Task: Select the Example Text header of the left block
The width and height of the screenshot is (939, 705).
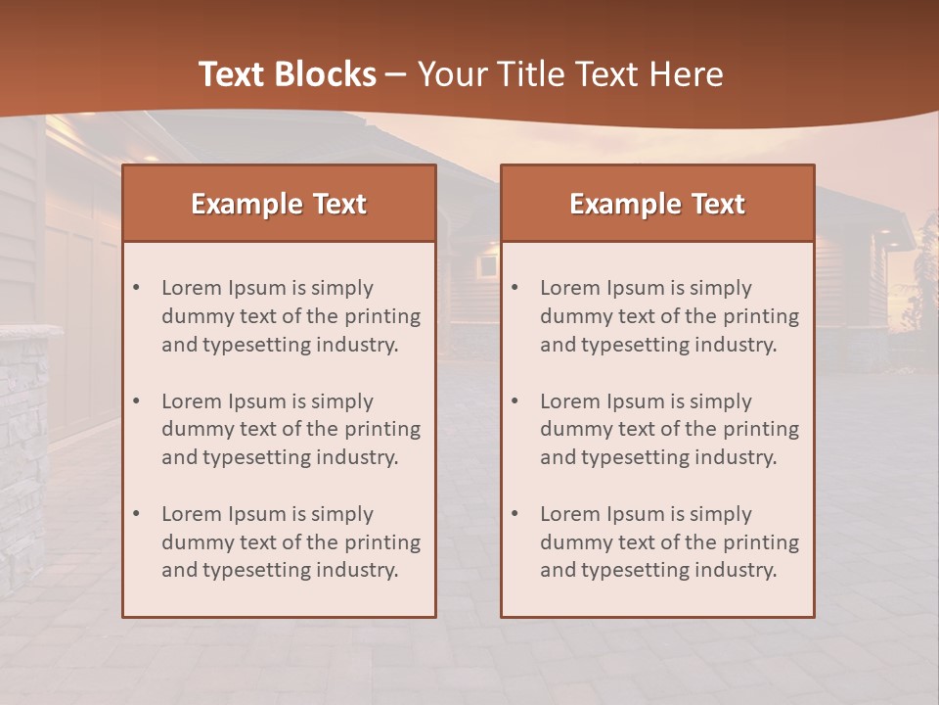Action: coord(279,204)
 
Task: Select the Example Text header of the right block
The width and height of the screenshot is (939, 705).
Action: coord(657,204)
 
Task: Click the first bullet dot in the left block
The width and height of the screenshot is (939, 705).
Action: coord(137,288)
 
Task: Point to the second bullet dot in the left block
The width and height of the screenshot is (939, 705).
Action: coord(137,401)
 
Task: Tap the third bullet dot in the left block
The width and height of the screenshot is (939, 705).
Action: coord(137,514)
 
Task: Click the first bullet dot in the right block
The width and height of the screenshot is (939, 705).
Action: coord(515,288)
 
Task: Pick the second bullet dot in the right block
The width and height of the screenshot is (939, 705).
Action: coord(515,401)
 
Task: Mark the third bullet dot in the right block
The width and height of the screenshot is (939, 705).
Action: coord(515,514)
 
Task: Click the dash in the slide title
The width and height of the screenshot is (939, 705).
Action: coord(396,74)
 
